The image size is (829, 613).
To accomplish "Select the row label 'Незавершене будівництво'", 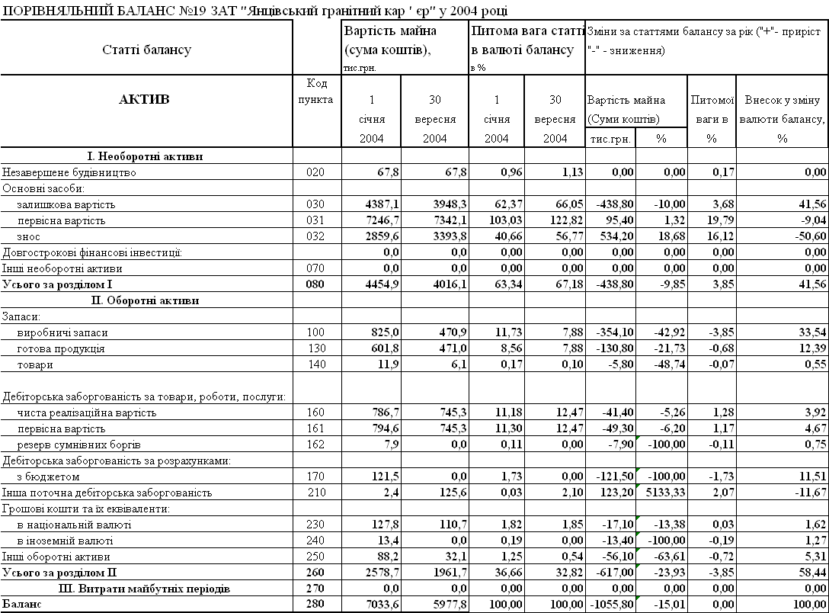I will point(70,172).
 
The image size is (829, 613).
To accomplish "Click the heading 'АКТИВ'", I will point(145,99).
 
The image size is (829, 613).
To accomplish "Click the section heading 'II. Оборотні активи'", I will point(145,300).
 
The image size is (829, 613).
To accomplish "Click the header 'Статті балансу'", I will point(146,50).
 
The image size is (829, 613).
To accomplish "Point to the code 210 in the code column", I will point(315,493).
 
